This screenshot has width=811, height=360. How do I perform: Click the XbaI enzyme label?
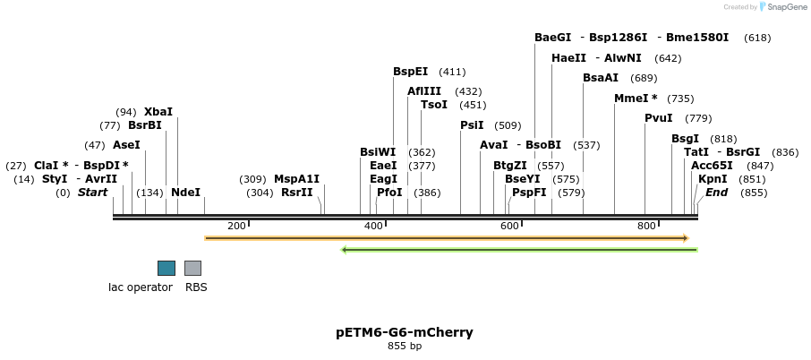tap(158, 112)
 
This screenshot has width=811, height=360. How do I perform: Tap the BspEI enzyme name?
tap(411, 72)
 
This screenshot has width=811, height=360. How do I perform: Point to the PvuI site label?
tap(659, 118)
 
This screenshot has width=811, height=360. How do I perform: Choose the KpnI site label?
tap(713, 179)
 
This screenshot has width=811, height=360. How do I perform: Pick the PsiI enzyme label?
tap(473, 125)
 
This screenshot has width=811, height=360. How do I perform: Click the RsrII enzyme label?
tap(297, 193)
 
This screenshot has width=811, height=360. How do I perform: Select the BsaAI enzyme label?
tap(601, 78)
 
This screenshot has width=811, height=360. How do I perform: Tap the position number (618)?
tap(757, 38)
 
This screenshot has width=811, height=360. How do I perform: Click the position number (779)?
tap(698, 118)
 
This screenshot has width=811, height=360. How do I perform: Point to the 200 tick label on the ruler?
tap(236, 226)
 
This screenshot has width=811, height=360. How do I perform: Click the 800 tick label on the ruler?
tap(646, 226)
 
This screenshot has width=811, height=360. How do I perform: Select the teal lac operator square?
tap(166, 268)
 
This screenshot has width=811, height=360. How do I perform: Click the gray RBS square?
tap(193, 268)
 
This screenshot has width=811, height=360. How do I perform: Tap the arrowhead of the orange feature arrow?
tap(687, 238)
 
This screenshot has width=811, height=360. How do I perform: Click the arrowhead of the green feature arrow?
tap(344, 250)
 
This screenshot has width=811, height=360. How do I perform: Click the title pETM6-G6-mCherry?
tap(405, 332)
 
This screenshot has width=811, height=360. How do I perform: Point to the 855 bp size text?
tap(405, 346)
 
